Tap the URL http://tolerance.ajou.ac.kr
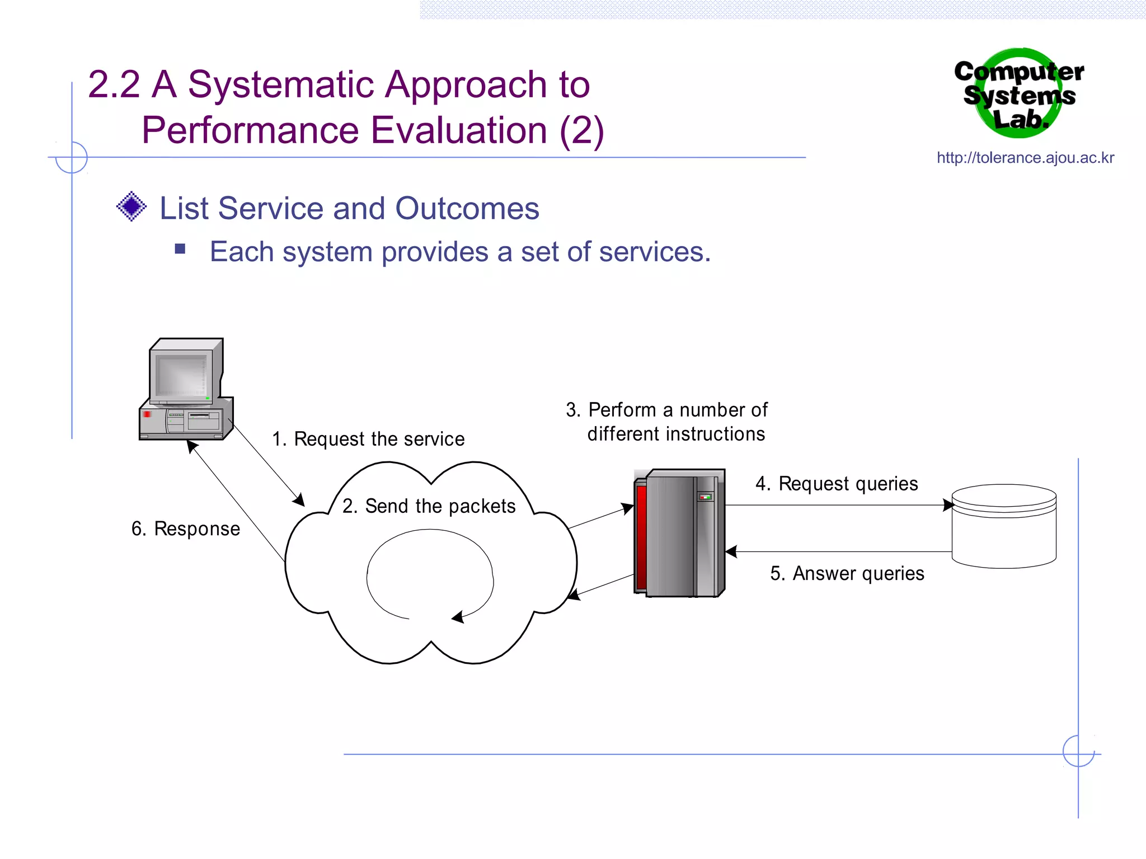[x=1025, y=158]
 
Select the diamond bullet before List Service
[x=131, y=206]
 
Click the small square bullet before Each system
[x=180, y=249]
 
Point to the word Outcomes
[x=467, y=209]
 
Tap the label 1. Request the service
[x=368, y=439]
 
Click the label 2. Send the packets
[x=429, y=506]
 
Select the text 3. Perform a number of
[x=666, y=410]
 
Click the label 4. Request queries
[x=837, y=484]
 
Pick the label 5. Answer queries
[x=847, y=574]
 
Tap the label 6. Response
[x=186, y=529]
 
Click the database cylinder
[x=1004, y=526]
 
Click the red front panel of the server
[x=641, y=537]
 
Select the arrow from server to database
[x=839, y=505]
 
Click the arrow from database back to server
[x=839, y=552]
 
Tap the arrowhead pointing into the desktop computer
[x=192, y=446]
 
